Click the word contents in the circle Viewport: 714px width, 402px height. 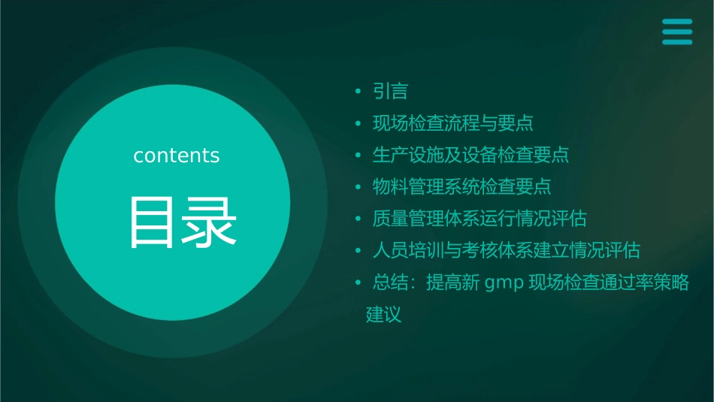(x=177, y=156)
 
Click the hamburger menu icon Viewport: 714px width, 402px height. (x=677, y=32)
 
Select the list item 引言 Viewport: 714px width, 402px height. (x=390, y=92)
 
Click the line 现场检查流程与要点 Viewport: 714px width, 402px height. (x=453, y=123)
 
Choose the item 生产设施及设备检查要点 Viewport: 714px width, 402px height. (x=470, y=155)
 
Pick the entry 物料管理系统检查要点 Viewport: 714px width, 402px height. (x=462, y=186)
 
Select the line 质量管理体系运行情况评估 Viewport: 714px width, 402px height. (x=480, y=219)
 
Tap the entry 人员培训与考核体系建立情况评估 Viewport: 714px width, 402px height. (x=506, y=250)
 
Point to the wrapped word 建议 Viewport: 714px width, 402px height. (x=383, y=314)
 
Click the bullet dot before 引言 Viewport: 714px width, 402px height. (x=359, y=92)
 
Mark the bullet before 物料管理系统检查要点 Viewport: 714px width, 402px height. (x=359, y=187)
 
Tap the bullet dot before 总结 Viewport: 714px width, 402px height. (x=359, y=283)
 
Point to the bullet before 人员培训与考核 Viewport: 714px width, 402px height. (x=359, y=251)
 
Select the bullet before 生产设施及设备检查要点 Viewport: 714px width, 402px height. (x=359, y=156)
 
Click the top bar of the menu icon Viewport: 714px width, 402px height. (x=677, y=22)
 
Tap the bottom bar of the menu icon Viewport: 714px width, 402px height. (x=677, y=41)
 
